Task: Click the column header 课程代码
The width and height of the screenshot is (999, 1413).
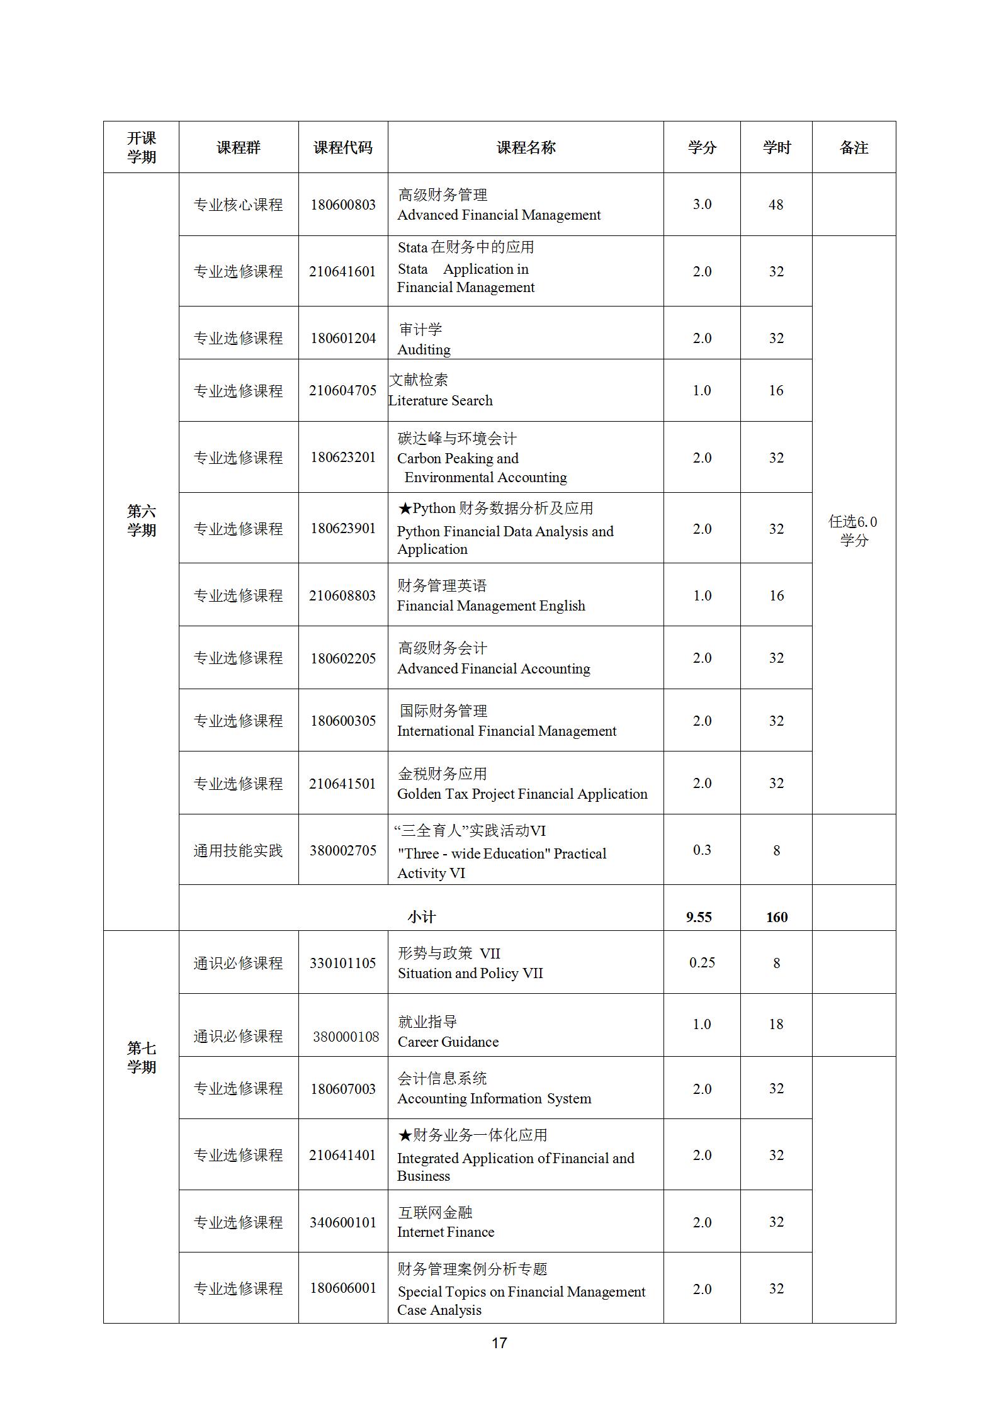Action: [342, 147]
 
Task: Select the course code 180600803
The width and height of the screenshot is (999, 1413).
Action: [342, 205]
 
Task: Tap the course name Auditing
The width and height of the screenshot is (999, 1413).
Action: [424, 349]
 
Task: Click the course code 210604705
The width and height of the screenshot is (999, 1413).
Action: [342, 390]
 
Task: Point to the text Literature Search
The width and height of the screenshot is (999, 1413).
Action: [440, 400]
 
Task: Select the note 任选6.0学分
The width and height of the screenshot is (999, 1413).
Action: [853, 530]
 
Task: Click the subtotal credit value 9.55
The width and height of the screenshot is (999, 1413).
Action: [699, 917]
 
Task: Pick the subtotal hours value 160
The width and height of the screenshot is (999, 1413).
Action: [776, 917]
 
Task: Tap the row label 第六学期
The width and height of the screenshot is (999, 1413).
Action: [141, 521]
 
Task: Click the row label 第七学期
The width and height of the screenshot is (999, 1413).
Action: [141, 1057]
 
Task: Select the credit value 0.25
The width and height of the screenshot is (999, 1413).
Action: [701, 962]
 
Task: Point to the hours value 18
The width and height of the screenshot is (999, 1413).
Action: [776, 1024]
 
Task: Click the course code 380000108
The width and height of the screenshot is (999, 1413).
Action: [346, 1036]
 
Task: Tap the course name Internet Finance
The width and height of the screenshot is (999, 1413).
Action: [445, 1232]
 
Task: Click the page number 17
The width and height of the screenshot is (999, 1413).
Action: [499, 1343]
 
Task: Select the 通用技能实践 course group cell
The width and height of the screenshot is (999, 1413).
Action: [238, 850]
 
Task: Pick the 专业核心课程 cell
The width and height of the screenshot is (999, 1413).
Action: [238, 205]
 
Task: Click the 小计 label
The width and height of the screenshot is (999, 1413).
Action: [421, 917]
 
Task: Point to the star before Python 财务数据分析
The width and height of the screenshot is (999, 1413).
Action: [404, 509]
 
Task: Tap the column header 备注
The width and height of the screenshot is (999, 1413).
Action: [853, 147]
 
